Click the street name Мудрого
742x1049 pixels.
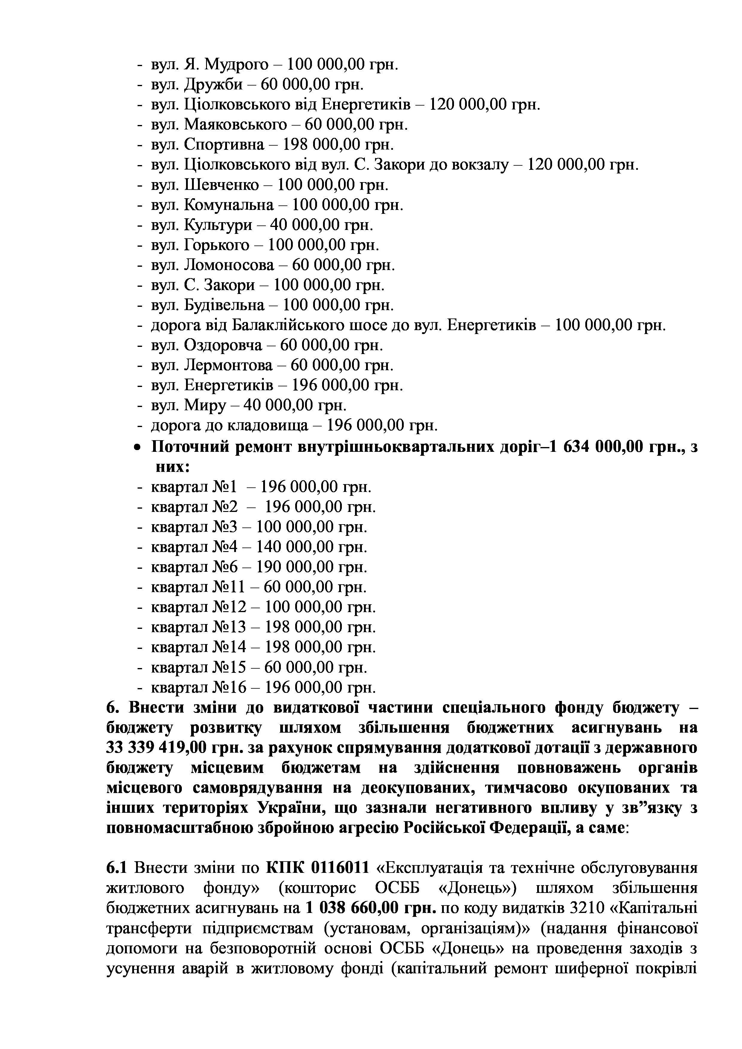click(236, 65)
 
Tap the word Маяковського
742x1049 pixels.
click(236, 125)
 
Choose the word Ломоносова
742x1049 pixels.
click(229, 265)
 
